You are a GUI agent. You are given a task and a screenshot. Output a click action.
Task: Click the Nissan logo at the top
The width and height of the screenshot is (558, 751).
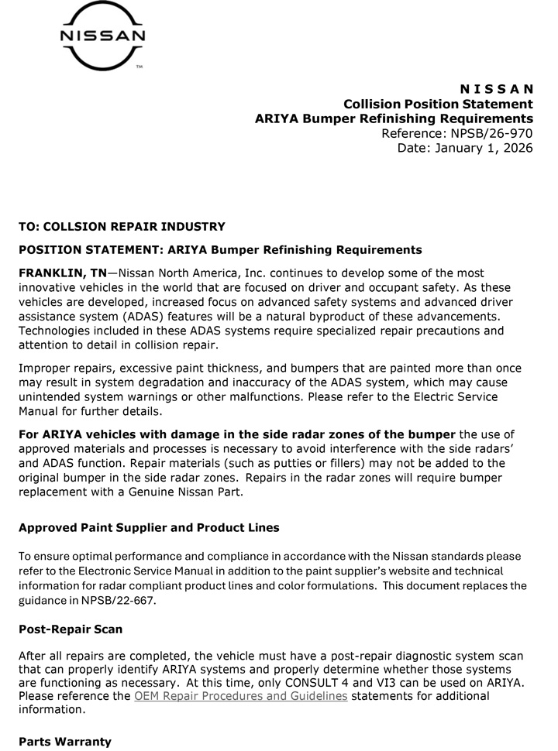click(103, 36)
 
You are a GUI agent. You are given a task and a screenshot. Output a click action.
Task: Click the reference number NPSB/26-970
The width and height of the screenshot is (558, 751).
click(491, 133)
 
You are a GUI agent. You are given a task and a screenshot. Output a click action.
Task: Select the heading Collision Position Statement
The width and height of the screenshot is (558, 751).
click(438, 104)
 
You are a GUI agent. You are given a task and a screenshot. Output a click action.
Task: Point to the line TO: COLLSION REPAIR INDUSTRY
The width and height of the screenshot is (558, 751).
click(122, 227)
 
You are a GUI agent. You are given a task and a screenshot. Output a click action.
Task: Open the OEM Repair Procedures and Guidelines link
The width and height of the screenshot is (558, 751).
click(240, 696)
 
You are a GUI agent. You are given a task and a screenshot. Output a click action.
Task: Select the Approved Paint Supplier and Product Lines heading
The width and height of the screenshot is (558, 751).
click(149, 527)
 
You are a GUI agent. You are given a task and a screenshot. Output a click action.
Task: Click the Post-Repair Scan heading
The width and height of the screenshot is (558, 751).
click(71, 629)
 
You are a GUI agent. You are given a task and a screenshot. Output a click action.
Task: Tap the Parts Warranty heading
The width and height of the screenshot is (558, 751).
click(65, 741)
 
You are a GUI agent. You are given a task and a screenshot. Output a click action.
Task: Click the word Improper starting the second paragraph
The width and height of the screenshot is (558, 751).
click(45, 368)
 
